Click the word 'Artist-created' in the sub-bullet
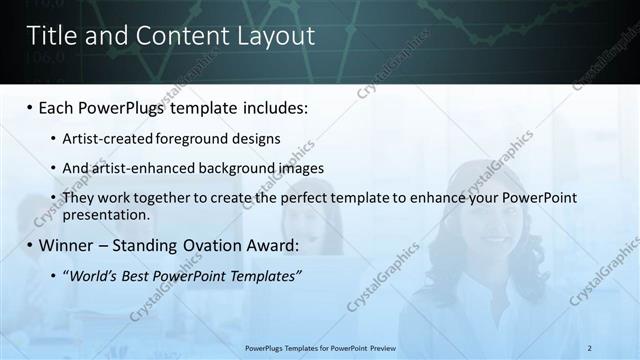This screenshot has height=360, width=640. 105,138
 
